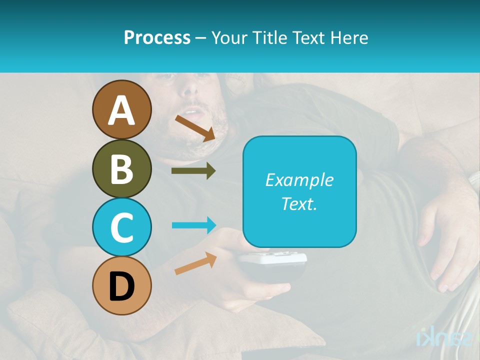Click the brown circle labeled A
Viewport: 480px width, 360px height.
(x=121, y=110)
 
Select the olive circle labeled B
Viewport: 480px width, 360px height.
(x=121, y=168)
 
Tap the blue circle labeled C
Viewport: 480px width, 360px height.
(x=121, y=227)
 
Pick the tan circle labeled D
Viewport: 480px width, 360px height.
(x=121, y=285)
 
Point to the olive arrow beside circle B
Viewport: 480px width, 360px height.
(x=193, y=171)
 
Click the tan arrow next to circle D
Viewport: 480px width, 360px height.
(x=195, y=263)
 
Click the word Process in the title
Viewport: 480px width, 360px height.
(x=157, y=37)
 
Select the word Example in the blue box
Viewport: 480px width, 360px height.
(x=299, y=180)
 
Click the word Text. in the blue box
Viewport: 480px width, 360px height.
(x=299, y=203)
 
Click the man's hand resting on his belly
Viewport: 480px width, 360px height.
(x=445, y=235)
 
